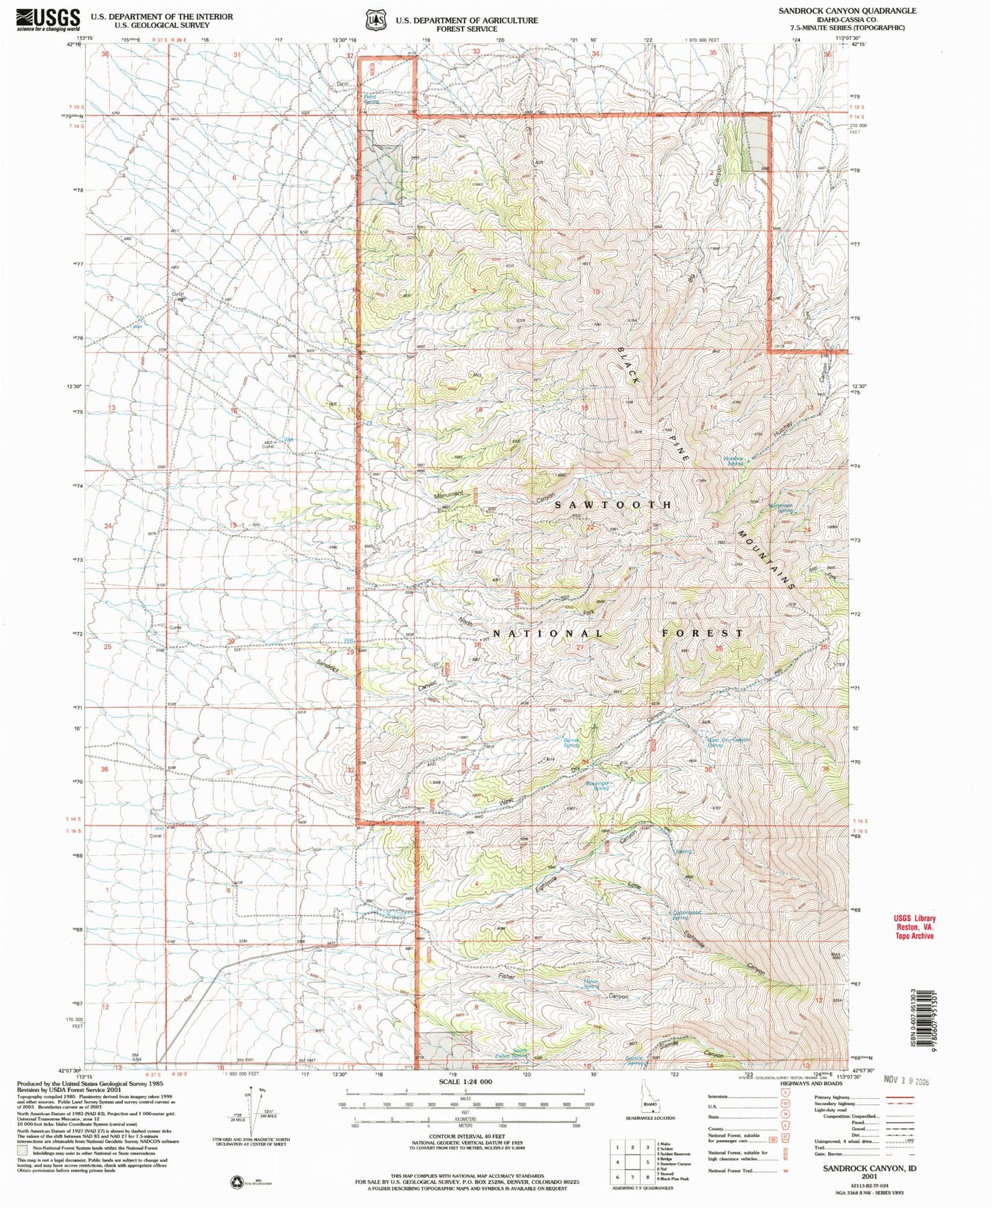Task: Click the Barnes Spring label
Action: tap(571, 743)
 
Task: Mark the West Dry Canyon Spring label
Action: tap(728, 742)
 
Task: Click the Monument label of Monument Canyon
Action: tap(449, 494)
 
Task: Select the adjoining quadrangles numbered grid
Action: tap(632, 1163)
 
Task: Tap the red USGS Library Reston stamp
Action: tap(914, 927)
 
